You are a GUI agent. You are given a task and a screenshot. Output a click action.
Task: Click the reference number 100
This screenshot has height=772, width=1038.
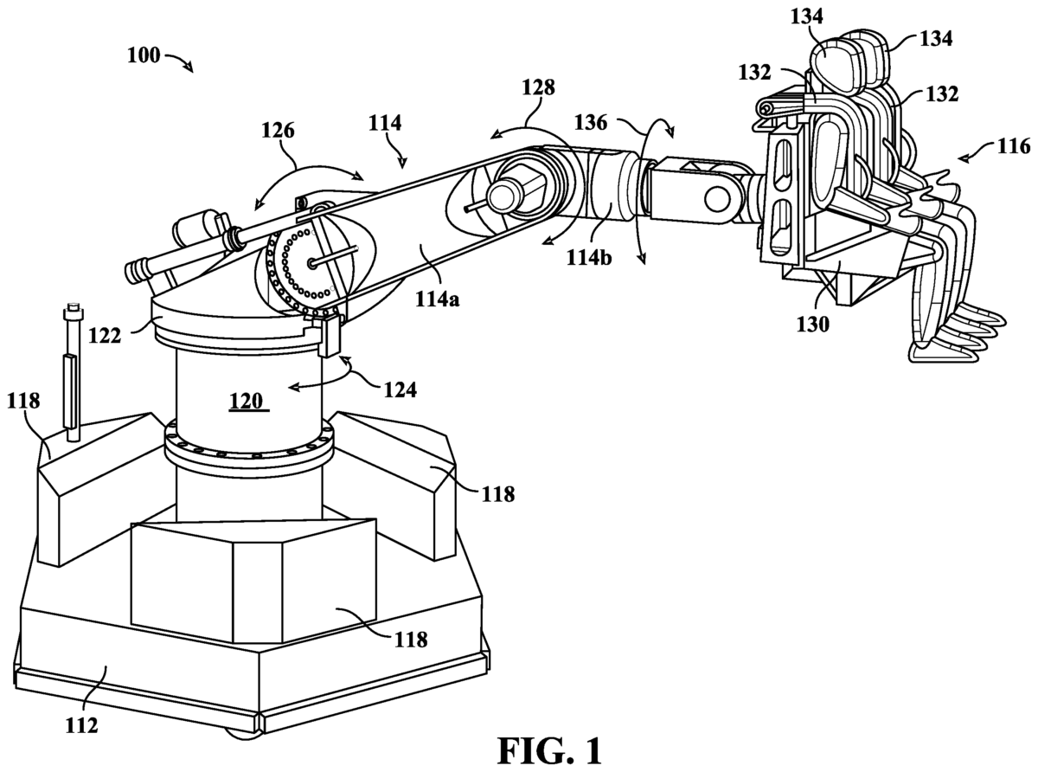(144, 55)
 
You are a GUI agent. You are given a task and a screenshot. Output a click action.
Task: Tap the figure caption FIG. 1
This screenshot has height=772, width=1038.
(549, 751)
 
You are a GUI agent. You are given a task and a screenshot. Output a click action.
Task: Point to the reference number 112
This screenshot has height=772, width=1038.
(82, 725)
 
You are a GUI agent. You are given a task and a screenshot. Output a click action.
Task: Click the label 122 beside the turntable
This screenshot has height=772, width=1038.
(105, 336)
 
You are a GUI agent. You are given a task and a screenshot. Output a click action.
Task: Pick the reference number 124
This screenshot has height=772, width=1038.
(400, 389)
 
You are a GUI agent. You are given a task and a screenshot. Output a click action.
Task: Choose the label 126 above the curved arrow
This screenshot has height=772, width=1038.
(278, 130)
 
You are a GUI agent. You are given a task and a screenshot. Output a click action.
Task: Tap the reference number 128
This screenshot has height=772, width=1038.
(538, 87)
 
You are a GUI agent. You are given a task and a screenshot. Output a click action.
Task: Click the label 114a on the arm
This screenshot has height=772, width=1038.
(438, 299)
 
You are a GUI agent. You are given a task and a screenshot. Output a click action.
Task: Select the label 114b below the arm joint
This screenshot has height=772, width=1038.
(589, 258)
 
